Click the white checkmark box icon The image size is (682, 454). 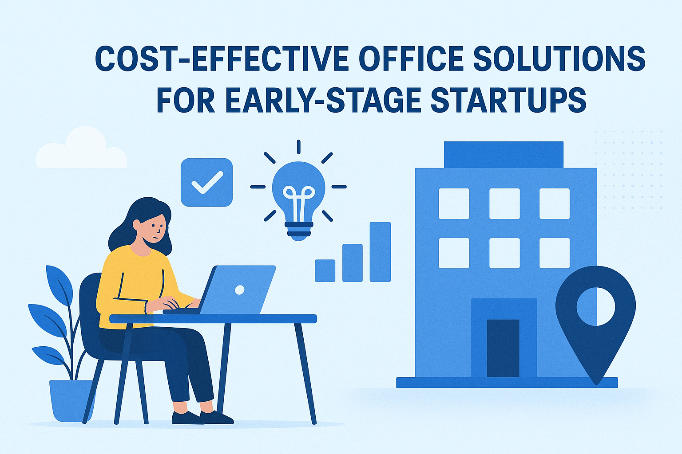point(207,183)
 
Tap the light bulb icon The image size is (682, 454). point(299,201)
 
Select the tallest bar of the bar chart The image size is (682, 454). point(380,252)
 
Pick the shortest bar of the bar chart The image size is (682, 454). point(325,270)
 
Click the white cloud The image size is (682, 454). point(82,149)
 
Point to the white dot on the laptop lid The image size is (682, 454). point(240,290)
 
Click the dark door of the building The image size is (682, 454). point(503,348)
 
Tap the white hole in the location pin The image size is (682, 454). point(595,306)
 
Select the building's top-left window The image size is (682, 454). point(454,204)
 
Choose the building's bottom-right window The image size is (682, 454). point(555,253)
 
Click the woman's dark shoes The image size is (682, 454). point(202,417)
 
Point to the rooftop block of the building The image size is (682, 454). point(504,154)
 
